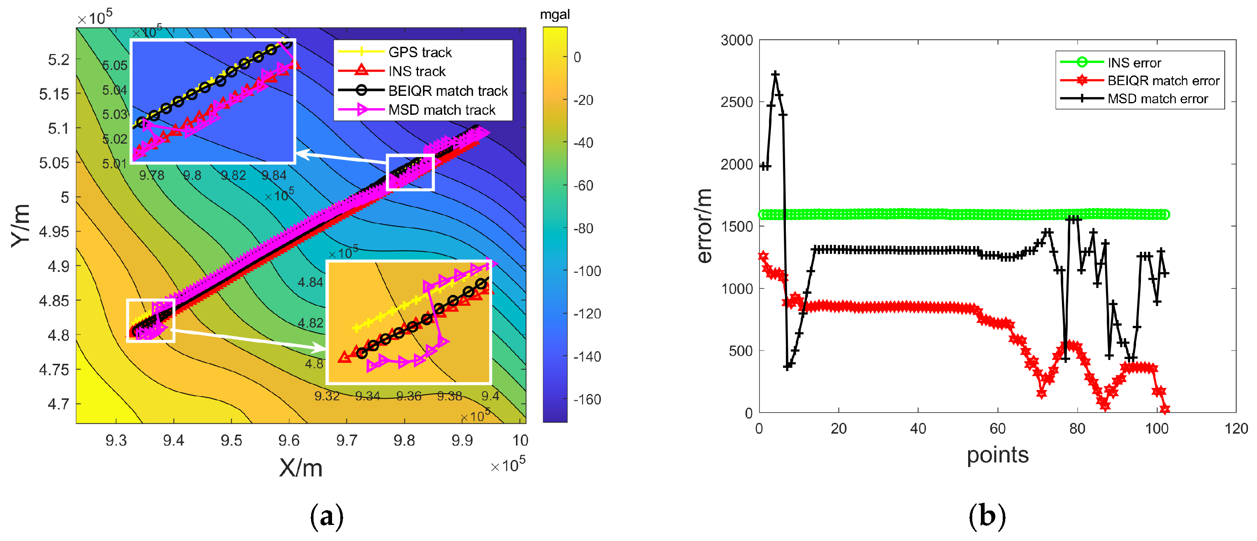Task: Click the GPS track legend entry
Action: click(x=420, y=52)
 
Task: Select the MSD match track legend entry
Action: click(x=441, y=110)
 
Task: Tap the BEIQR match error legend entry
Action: click(x=1163, y=81)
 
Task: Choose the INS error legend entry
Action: click(x=1134, y=63)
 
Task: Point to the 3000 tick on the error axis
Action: click(x=737, y=40)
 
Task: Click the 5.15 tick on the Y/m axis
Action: click(x=54, y=94)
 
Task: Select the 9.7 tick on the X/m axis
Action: click(x=346, y=441)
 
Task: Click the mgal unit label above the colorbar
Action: click(x=555, y=15)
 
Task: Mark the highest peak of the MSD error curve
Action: click(x=775, y=74)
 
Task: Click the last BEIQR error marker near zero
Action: click(x=1165, y=409)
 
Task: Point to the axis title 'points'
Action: click(x=997, y=455)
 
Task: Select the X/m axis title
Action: click(x=301, y=468)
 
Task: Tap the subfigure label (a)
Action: click(x=326, y=516)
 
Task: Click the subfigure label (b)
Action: click(x=987, y=516)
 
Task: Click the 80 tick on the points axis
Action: click(x=1077, y=429)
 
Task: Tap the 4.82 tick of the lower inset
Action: click(x=310, y=323)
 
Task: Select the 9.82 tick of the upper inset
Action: click(x=233, y=176)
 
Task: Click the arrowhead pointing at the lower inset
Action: click(x=320, y=347)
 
